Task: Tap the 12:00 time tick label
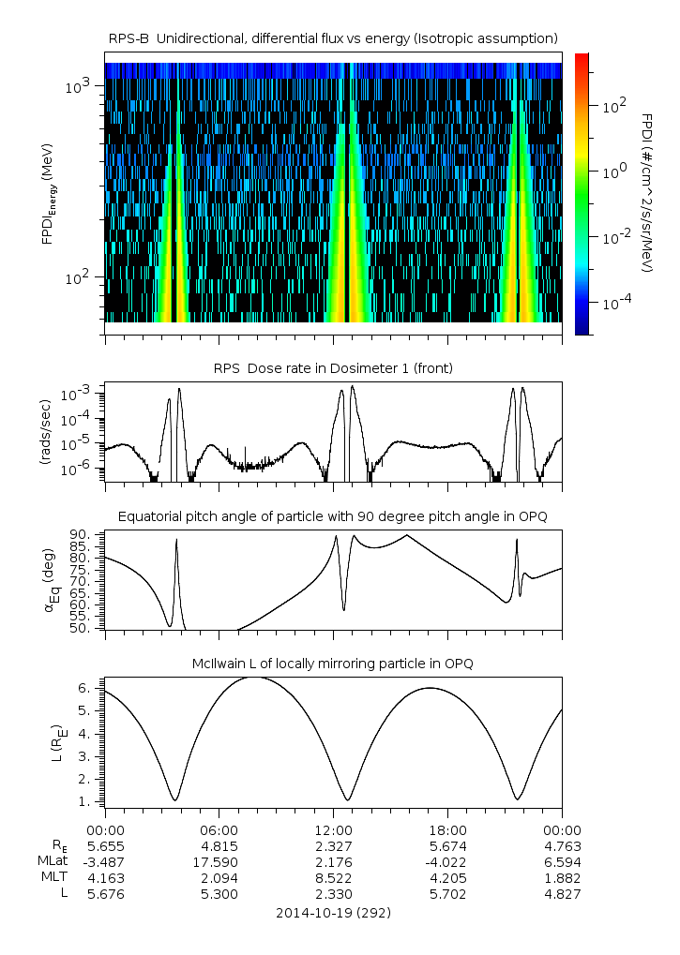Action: pos(333,829)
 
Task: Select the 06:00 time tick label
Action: pos(219,829)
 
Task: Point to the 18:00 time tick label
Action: pos(447,829)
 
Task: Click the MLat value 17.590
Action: pos(219,861)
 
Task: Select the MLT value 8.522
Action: pos(333,878)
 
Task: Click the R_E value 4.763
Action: pos(561,845)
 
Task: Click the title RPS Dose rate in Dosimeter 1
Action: pos(333,368)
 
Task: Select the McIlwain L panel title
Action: pos(333,664)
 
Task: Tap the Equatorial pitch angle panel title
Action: pos(333,516)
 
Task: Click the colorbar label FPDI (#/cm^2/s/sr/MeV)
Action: pos(647,192)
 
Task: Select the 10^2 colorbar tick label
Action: pos(614,107)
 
